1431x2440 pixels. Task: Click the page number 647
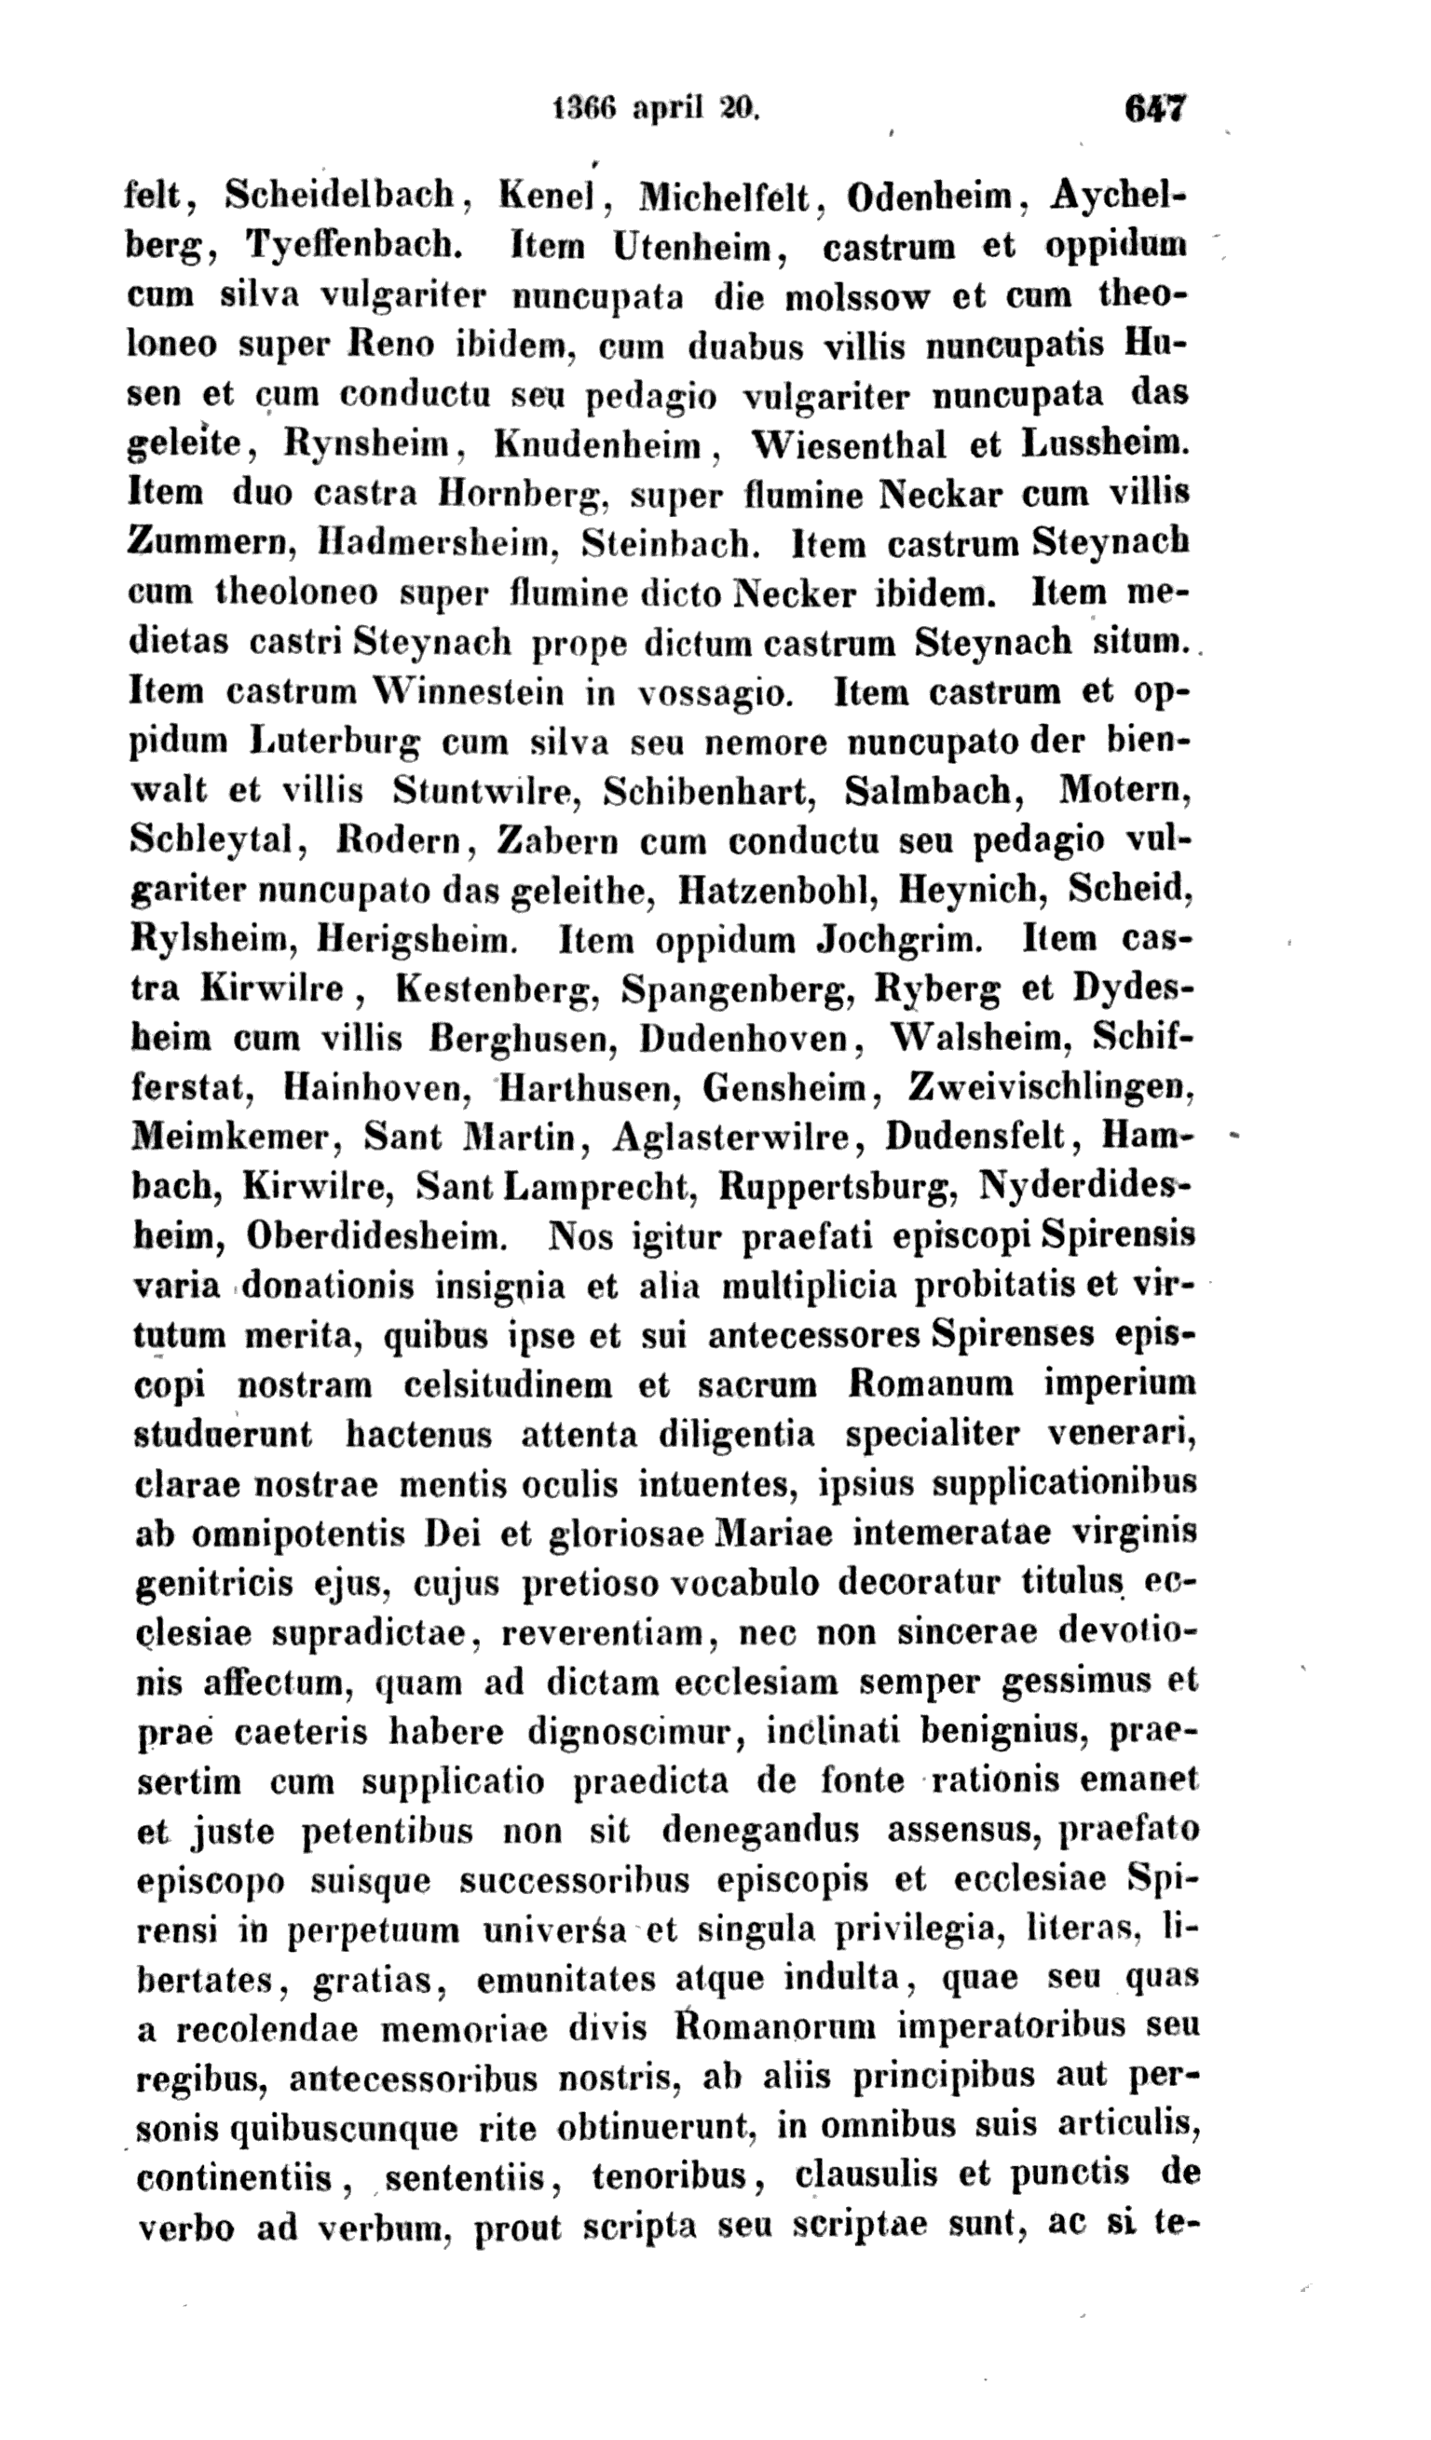coord(1155,107)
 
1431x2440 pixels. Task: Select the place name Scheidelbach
coord(340,196)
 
